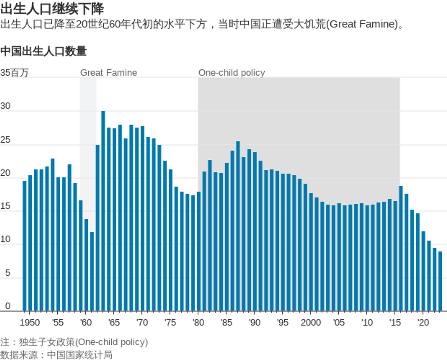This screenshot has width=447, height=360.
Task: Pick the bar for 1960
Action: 86,265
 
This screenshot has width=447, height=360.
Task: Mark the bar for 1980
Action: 199,251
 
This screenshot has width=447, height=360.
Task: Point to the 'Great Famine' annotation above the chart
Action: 109,73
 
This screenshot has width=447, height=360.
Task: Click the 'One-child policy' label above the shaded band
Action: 232,73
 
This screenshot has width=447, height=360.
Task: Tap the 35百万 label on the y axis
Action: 14,73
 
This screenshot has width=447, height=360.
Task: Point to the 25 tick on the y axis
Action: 5,140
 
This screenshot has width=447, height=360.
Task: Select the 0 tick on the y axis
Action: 7,306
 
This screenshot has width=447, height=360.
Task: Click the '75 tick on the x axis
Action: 170,322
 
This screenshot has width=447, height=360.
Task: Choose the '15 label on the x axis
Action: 395,322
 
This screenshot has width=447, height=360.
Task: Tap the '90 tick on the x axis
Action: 255,322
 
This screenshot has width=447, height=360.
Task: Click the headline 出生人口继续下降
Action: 52,9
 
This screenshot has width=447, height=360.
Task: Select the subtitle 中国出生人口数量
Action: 44,51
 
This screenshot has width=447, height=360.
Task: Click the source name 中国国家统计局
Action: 80,355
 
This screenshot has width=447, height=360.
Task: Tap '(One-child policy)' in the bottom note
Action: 112,342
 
